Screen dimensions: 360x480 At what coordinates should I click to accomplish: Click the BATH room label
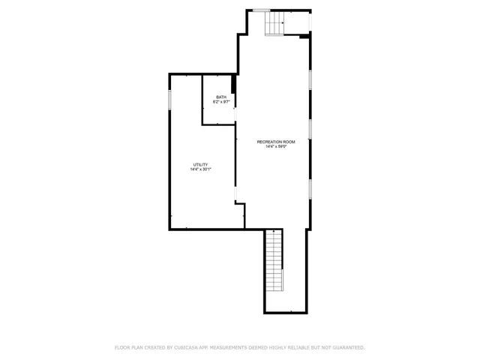coord(221,97)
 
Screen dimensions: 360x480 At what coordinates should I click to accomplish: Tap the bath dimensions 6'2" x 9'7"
coord(221,102)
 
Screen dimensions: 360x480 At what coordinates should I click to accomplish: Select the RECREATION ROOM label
coord(276,142)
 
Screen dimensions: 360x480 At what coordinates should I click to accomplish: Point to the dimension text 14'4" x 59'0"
coord(276,147)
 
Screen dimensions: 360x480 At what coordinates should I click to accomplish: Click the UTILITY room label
coord(200,164)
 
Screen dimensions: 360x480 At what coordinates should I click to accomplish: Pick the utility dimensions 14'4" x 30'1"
coord(200,169)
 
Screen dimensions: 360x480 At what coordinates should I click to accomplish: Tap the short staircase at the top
coord(274,23)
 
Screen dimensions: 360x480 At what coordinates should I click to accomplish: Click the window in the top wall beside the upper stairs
coord(261,10)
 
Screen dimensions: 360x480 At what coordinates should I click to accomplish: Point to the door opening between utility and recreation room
coord(236,194)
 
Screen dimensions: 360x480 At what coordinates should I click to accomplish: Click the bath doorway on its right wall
coord(235,114)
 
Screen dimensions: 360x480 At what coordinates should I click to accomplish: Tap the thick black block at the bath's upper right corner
coord(234,83)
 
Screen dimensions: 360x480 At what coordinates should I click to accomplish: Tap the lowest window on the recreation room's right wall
coord(310,188)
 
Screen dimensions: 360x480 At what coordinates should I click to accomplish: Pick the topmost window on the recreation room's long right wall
coord(310,79)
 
